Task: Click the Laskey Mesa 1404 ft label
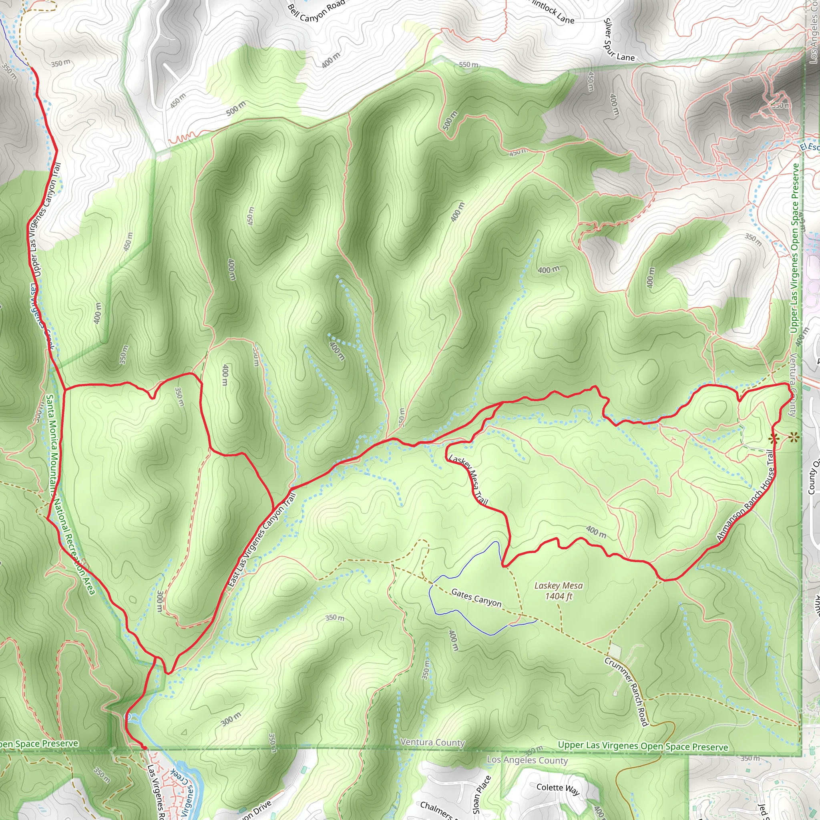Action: (558, 591)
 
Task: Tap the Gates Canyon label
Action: (476, 598)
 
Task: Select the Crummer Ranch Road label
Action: (627, 692)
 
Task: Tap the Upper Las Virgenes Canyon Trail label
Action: (44, 220)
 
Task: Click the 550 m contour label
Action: (468, 64)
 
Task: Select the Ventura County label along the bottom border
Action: (432, 742)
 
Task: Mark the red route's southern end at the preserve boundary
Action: (144, 748)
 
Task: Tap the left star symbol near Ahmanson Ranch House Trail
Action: (773, 438)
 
